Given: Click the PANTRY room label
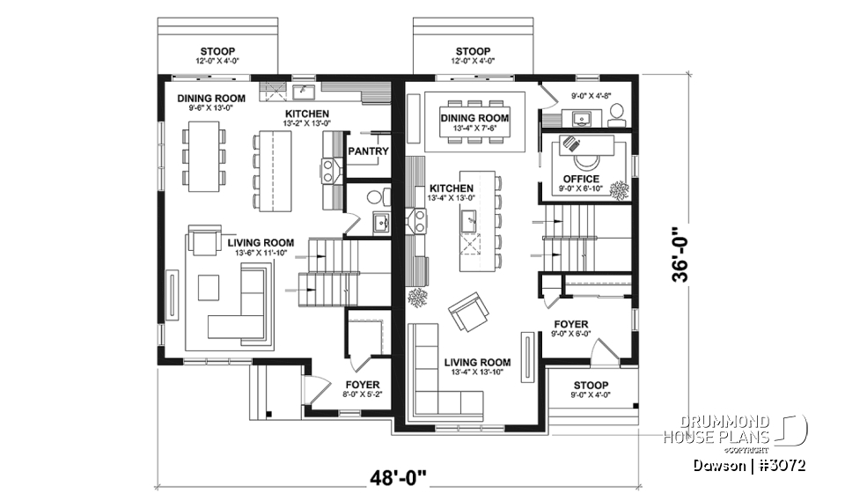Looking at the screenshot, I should click(x=368, y=151).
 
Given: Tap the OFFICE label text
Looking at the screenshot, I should click(x=581, y=179).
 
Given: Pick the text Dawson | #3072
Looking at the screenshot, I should click(x=748, y=464).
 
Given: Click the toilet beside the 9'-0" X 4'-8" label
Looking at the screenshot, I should click(x=616, y=114).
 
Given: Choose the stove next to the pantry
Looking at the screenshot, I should click(x=331, y=169).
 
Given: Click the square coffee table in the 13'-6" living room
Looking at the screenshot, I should click(x=209, y=287).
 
